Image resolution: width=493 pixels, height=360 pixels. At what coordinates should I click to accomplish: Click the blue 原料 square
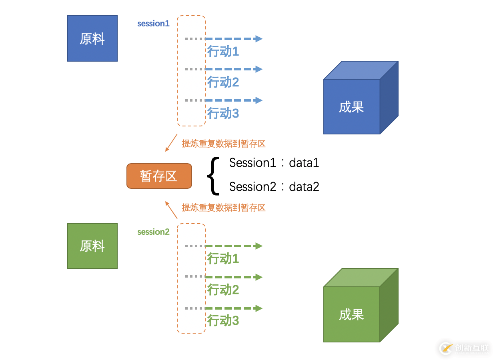pyautogui.click(x=92, y=38)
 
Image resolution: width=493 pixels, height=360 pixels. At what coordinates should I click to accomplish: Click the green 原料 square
pyautogui.click(x=92, y=246)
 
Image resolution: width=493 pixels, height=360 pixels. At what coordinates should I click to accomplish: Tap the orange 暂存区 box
pyautogui.click(x=159, y=176)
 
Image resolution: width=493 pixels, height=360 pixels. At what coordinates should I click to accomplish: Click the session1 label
pyautogui.click(x=153, y=24)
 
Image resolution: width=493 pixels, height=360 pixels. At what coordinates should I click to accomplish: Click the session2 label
pyautogui.click(x=153, y=232)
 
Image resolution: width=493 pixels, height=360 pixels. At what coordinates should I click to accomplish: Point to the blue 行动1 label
pyautogui.click(x=223, y=52)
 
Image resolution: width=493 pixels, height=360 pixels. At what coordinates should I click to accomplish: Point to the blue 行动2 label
pyautogui.click(x=223, y=82)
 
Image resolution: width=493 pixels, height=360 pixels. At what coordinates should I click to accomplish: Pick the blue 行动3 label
pyautogui.click(x=223, y=114)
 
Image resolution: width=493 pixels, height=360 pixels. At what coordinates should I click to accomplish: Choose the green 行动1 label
pyautogui.click(x=223, y=259)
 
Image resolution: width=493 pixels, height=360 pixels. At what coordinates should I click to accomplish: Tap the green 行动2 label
pyautogui.click(x=223, y=290)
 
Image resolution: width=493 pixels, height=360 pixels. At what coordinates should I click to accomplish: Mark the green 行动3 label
pyautogui.click(x=223, y=321)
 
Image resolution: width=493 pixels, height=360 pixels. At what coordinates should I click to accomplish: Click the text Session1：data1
pyautogui.click(x=274, y=163)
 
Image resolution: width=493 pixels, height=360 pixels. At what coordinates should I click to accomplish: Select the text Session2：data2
pyautogui.click(x=274, y=187)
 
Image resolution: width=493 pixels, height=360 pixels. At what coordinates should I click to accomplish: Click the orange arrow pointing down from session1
pyautogui.click(x=171, y=143)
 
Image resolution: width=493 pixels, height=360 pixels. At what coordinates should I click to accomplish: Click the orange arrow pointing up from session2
pyautogui.click(x=171, y=210)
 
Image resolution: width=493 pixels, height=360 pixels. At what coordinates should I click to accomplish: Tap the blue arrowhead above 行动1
pyautogui.click(x=259, y=39)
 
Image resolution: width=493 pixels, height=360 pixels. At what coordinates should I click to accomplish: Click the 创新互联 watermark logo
pyautogui.click(x=464, y=348)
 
